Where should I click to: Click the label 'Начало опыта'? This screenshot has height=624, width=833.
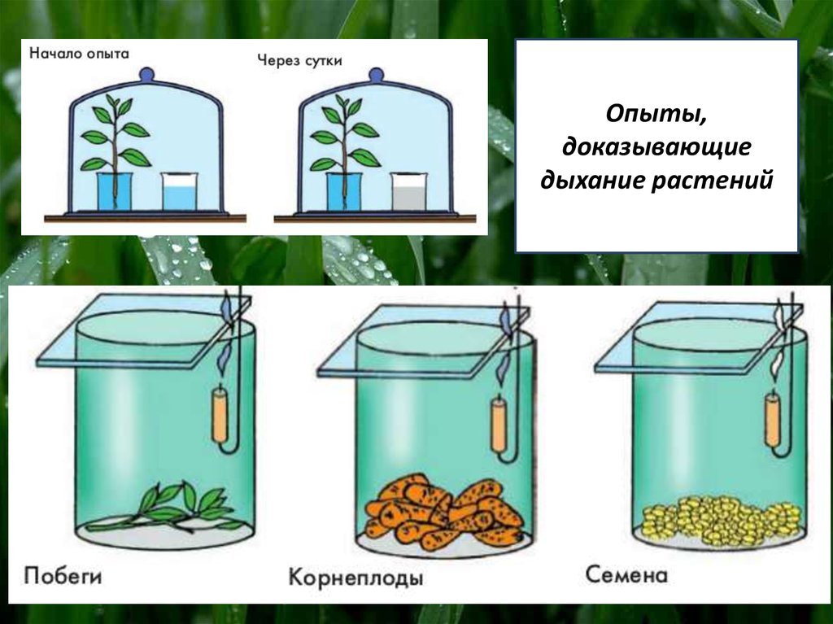(x=79, y=53)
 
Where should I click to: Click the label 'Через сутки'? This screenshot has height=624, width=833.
(x=299, y=60)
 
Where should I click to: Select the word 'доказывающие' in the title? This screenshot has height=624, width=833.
(x=656, y=146)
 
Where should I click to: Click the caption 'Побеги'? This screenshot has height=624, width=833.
(x=63, y=576)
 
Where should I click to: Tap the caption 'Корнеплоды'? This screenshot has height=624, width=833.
(x=355, y=578)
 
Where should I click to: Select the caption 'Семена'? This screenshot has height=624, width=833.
(x=626, y=574)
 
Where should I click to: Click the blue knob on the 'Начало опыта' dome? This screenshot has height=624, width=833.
(x=146, y=74)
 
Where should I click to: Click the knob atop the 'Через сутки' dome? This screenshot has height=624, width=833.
(x=376, y=74)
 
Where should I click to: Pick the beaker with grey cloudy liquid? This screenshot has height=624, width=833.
(x=409, y=191)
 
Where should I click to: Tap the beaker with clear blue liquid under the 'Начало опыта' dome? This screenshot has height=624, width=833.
(x=180, y=191)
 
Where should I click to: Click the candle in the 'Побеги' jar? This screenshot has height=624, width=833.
(x=220, y=415)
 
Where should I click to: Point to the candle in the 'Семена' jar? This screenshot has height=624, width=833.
(x=772, y=419)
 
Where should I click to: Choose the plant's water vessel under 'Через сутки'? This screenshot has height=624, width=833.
(x=343, y=191)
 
